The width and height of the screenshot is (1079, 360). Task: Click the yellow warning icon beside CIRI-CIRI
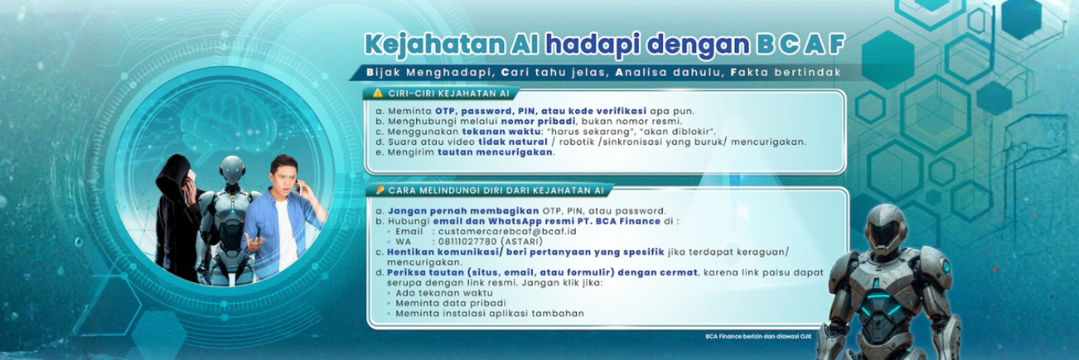[x=377, y=93]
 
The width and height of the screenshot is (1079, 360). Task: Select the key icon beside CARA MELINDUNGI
[x=379, y=190]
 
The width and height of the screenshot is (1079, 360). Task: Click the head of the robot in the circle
[x=232, y=169]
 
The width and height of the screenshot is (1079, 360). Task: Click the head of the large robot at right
[x=885, y=228]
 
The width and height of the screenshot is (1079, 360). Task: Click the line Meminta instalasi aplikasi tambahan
[x=490, y=313]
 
